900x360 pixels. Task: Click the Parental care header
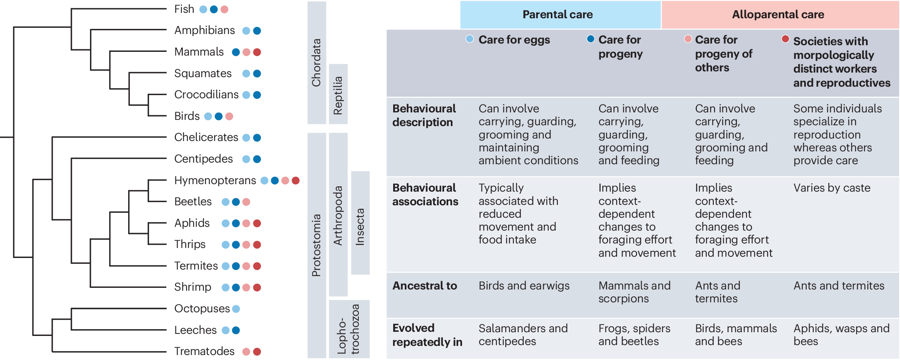point(557,15)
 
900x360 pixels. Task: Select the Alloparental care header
point(778,15)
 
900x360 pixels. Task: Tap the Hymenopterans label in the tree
point(215,180)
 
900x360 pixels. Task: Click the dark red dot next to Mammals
point(257,52)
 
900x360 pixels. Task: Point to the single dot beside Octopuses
point(236,309)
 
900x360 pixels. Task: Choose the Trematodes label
point(204,351)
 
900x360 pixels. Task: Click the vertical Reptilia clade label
point(338,95)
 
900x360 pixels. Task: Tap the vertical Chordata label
point(316,62)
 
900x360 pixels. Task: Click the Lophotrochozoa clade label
point(348,329)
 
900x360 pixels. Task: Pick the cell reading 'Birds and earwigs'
point(524,286)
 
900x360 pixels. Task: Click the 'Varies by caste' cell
point(832,188)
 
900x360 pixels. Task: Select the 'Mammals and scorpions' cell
point(634,292)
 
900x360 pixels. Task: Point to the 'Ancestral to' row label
point(425,286)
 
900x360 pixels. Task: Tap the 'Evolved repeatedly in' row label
point(427,335)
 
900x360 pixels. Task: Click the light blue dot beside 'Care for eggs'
point(469,39)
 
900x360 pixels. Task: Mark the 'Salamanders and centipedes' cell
point(523,335)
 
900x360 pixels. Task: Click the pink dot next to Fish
point(224,10)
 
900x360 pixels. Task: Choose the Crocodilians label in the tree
point(206,95)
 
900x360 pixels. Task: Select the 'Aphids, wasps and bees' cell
point(841,335)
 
